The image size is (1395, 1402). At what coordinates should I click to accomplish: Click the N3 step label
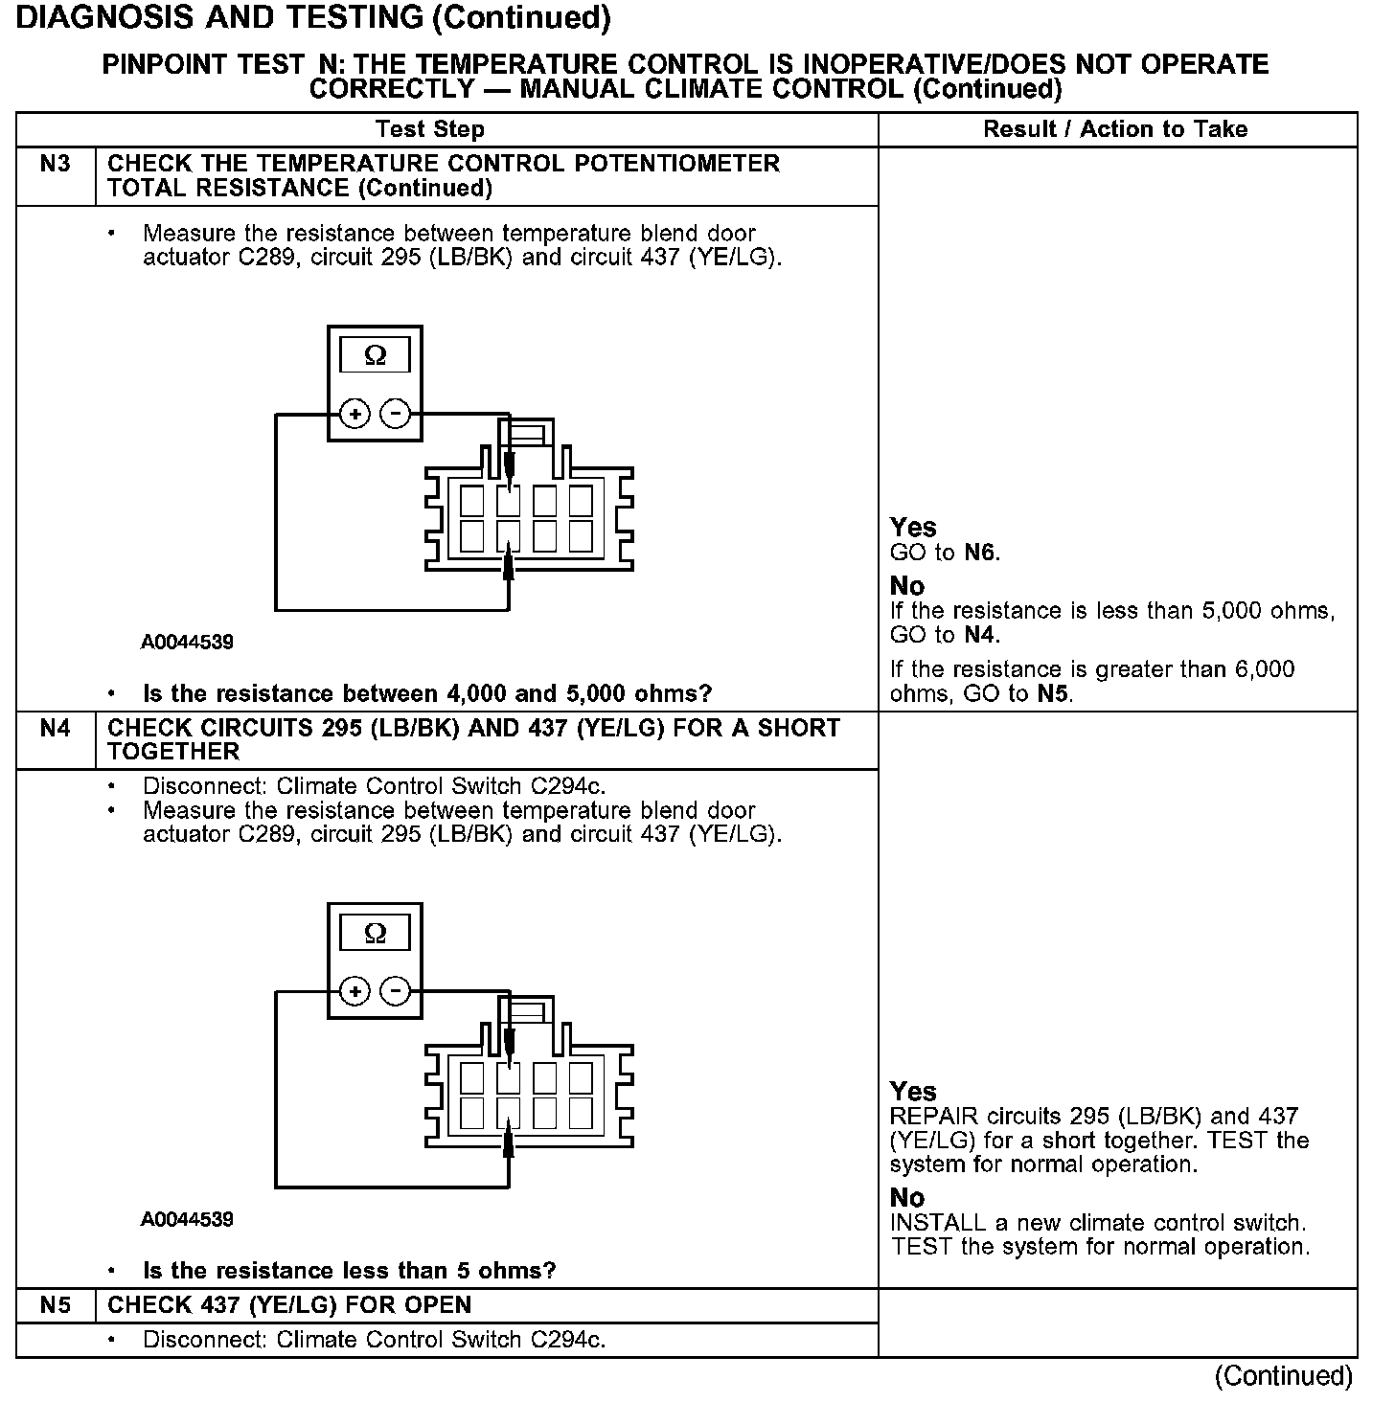(56, 164)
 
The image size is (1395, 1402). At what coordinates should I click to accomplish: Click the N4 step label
(56, 729)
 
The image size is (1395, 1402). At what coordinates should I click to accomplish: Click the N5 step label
(56, 1305)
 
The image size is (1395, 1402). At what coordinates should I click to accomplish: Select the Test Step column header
(430, 129)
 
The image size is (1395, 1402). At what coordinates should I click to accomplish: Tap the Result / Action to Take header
(1115, 129)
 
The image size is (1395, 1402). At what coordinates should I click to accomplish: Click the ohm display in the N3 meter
(375, 356)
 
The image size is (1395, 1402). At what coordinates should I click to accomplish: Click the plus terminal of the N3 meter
(354, 415)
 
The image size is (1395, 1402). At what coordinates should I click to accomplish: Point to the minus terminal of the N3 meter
(396, 415)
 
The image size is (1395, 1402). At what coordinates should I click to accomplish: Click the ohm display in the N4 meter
(375, 933)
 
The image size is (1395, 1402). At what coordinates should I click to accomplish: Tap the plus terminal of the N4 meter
(354, 991)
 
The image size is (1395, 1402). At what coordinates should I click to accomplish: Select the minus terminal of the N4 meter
(396, 991)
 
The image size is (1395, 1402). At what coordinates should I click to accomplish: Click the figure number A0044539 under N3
(187, 643)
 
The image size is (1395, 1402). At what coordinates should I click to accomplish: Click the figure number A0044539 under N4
(187, 1220)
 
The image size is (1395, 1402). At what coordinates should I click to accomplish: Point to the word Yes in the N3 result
(913, 528)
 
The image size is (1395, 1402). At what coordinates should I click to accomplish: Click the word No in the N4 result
(907, 1198)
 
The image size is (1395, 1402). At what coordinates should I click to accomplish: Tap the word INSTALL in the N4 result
(932, 1223)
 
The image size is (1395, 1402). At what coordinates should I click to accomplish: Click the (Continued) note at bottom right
(1283, 1376)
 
